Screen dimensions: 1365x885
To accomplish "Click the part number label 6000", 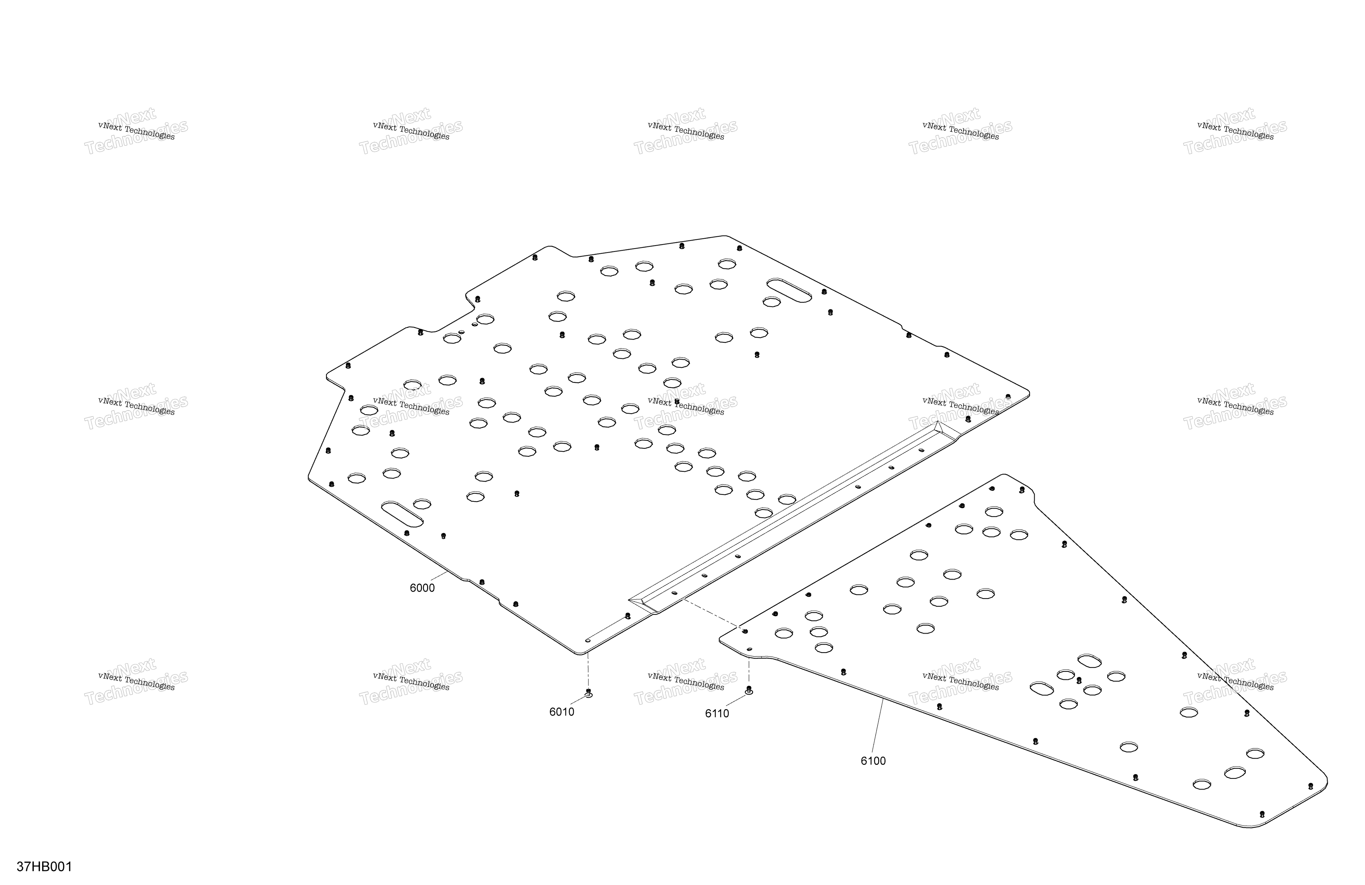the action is pyautogui.click(x=422, y=588).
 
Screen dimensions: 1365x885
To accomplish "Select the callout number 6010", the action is pyautogui.click(x=561, y=712).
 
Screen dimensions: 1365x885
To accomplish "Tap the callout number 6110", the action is pyautogui.click(x=717, y=714).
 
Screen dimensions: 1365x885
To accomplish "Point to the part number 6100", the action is pyautogui.click(x=873, y=761).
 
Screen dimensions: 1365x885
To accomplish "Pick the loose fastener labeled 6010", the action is pyautogui.click(x=588, y=693).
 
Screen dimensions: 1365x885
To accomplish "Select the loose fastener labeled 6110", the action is pyautogui.click(x=748, y=690).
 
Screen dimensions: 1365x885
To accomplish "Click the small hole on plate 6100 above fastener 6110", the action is pyautogui.click(x=749, y=649).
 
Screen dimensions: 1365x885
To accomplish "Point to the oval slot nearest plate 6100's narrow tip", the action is pyautogui.click(x=1235, y=773).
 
